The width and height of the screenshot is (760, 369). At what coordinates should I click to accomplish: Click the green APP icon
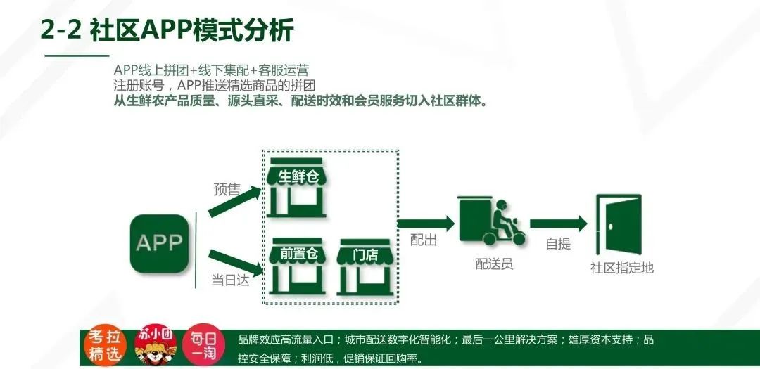tap(159, 243)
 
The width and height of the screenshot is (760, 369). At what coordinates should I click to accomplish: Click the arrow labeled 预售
tap(236, 203)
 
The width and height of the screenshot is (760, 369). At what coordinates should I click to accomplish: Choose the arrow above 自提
tap(558, 224)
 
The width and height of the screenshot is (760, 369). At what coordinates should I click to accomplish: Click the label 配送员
tap(494, 264)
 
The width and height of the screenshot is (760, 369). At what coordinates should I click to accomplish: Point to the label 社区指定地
tap(621, 267)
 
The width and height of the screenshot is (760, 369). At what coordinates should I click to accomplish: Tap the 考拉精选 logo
tap(105, 346)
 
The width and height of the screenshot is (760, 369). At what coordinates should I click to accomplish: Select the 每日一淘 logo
tap(203, 346)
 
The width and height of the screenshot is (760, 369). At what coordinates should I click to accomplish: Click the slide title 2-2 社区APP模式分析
tap(167, 30)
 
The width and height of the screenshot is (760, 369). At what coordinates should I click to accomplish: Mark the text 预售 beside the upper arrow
tap(227, 189)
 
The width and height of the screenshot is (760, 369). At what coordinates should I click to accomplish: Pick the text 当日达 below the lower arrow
tap(231, 280)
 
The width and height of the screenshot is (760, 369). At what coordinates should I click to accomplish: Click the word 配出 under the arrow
tap(424, 240)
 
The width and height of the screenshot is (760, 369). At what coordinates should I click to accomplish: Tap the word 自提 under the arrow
tap(558, 245)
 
